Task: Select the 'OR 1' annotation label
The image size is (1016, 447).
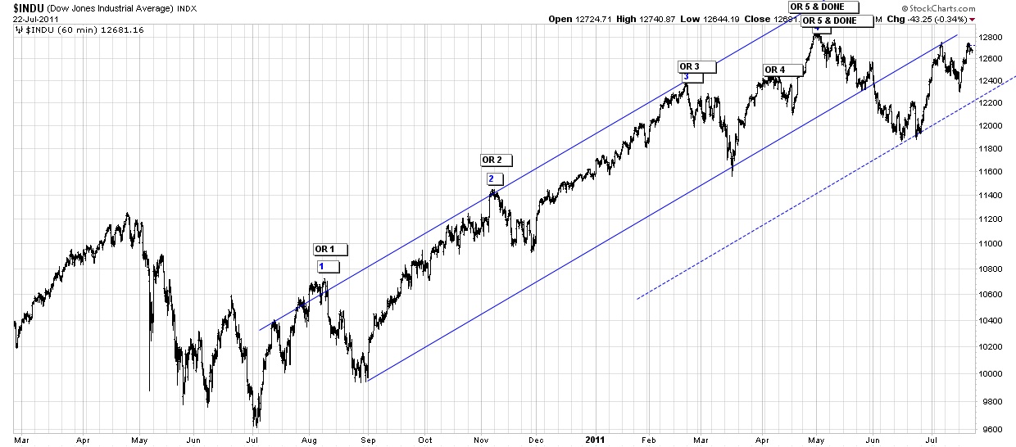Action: tap(330, 249)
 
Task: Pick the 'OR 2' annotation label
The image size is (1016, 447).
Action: tap(497, 160)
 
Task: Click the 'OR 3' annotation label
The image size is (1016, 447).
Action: tap(696, 66)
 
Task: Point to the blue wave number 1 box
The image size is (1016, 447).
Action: tap(326, 266)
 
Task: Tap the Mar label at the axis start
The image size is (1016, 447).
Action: tap(22, 439)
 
